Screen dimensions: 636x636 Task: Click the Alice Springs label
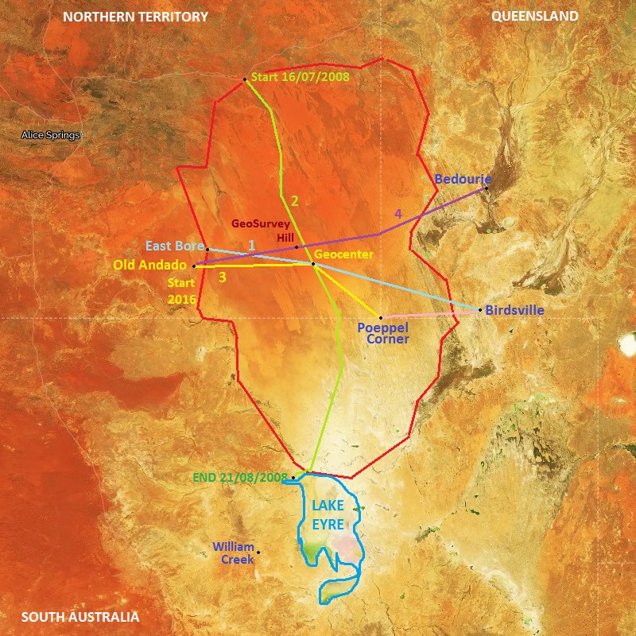point(51,135)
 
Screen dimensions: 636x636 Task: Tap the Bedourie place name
point(463,180)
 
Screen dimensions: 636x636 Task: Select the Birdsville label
point(515,311)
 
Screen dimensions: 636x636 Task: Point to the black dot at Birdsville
point(482,310)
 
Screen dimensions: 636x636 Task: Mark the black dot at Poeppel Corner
point(380,318)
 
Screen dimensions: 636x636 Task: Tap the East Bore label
point(175,246)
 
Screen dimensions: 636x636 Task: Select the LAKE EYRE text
point(328,514)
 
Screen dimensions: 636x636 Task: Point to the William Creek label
point(233,553)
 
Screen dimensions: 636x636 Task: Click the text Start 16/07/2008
point(300,78)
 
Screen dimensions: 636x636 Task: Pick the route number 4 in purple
point(398,214)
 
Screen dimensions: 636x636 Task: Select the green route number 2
point(294,200)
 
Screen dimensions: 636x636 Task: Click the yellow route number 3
point(223,277)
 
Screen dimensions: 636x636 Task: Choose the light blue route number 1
point(252,245)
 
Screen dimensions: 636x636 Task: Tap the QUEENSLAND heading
point(535,17)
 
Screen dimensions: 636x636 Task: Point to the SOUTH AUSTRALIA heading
point(80,617)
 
